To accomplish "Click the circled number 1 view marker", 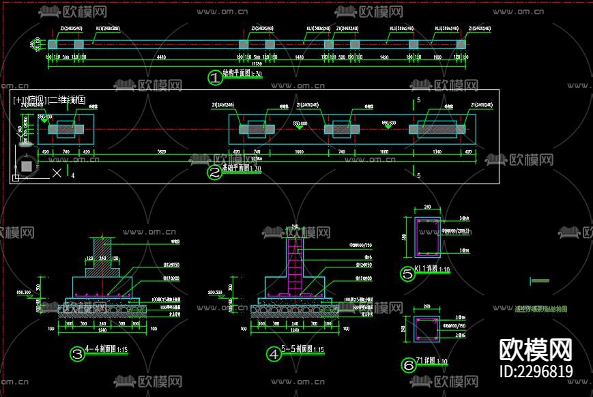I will [215, 78].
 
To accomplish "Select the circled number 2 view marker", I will [215, 173].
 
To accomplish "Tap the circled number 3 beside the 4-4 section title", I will [77, 354].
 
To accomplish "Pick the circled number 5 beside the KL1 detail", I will [408, 275].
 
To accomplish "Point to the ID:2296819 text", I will [536, 372].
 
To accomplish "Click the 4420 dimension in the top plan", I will [161, 58].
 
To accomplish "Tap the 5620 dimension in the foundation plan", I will [162, 152].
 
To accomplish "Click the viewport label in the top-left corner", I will [49, 100].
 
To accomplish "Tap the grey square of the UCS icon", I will [26, 166].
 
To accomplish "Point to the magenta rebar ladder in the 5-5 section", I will [295, 265].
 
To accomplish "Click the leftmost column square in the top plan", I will [53, 44].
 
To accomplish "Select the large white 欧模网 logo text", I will [536, 350].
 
